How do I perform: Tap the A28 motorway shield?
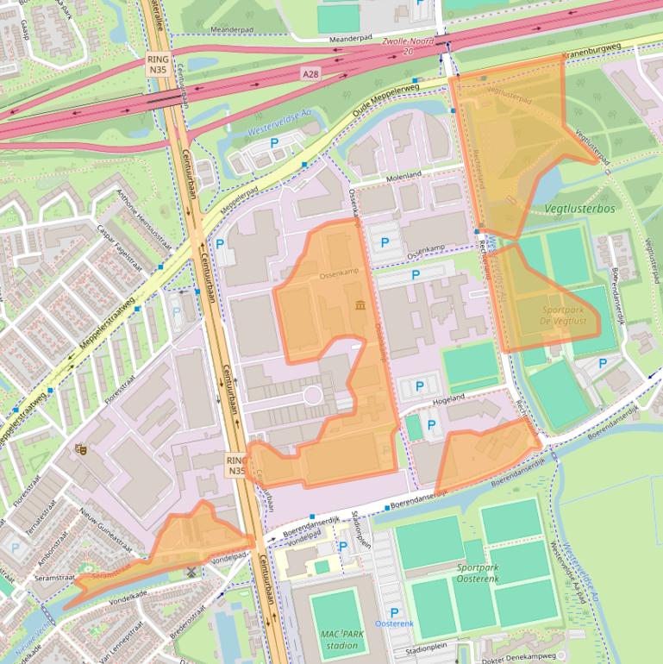(x=311, y=75)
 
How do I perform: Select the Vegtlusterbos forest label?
(x=579, y=209)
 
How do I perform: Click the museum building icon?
(x=359, y=305)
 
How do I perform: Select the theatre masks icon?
(x=81, y=448)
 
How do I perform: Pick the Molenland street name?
(x=404, y=175)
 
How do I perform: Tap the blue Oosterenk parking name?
(x=394, y=623)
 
